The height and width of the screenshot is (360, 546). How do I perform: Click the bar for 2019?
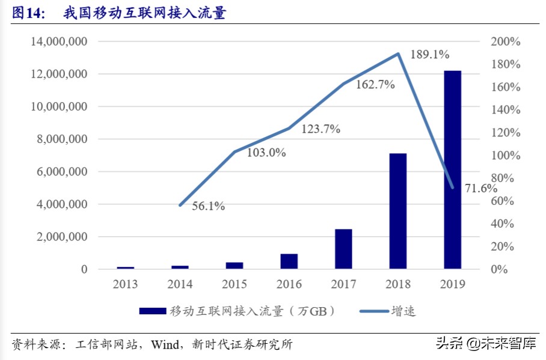click(x=453, y=169)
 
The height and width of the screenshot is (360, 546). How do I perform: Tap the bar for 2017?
click(x=343, y=248)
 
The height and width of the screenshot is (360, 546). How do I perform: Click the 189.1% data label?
click(x=430, y=55)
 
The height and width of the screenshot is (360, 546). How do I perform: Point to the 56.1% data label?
click(x=209, y=207)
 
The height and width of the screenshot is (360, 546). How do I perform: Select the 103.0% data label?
click(x=266, y=153)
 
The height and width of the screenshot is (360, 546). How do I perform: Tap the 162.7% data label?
click(x=375, y=85)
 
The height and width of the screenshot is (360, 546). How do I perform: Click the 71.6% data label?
click(x=481, y=188)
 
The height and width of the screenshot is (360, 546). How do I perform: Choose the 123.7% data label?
click(x=321, y=129)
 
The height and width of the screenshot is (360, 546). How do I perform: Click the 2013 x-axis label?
click(x=125, y=284)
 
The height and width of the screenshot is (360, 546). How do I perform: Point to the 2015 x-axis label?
click(x=234, y=284)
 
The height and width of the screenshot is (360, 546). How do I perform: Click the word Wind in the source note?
click(x=165, y=345)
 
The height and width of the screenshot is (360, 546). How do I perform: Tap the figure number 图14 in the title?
click(x=28, y=13)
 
